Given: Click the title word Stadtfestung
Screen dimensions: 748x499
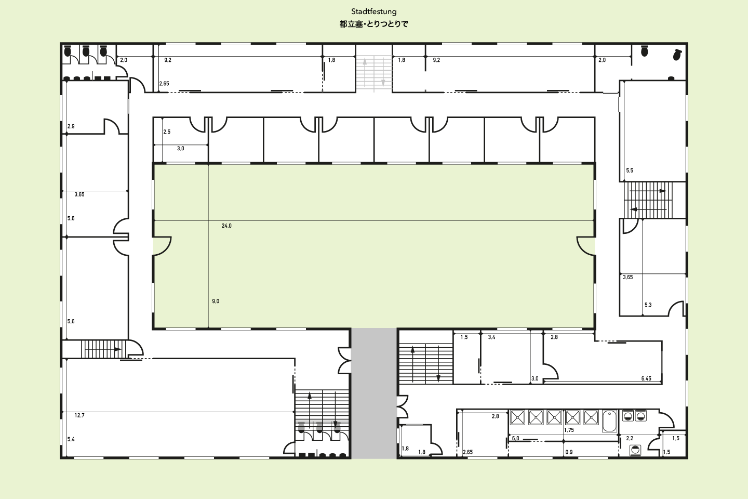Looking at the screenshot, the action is point(373,11).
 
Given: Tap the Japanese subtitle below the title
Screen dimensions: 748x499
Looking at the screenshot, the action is point(373,24).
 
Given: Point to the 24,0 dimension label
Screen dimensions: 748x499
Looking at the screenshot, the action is point(226,226).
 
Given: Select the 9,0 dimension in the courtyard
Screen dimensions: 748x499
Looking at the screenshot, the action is point(216,301).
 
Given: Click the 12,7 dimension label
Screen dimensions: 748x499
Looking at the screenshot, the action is point(79,415).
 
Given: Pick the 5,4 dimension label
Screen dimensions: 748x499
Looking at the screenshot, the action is point(71,439).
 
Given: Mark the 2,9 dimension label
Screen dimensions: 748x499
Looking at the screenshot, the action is point(71,126).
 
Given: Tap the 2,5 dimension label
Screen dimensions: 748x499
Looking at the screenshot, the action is point(167,132).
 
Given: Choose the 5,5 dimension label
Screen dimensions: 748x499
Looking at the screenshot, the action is point(630,170).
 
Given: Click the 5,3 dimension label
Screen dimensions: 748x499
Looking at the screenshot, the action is point(648,305).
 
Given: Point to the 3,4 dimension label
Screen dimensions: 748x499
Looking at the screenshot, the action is point(491,337).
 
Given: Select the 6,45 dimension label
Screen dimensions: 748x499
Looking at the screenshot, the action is point(646,379).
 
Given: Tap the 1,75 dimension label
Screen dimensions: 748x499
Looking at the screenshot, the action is point(569,430).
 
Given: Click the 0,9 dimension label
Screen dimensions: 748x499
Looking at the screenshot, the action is point(569,452).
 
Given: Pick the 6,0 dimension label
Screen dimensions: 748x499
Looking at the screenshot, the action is point(516,439).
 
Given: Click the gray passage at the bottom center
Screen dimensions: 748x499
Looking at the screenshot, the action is point(374,393).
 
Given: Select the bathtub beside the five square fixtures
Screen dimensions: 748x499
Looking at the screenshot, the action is point(610,421).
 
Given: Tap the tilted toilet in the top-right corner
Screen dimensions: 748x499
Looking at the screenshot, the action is point(677,55).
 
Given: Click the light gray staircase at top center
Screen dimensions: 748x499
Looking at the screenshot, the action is point(374,73).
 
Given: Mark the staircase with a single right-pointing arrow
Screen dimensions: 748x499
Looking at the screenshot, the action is point(101,349).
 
